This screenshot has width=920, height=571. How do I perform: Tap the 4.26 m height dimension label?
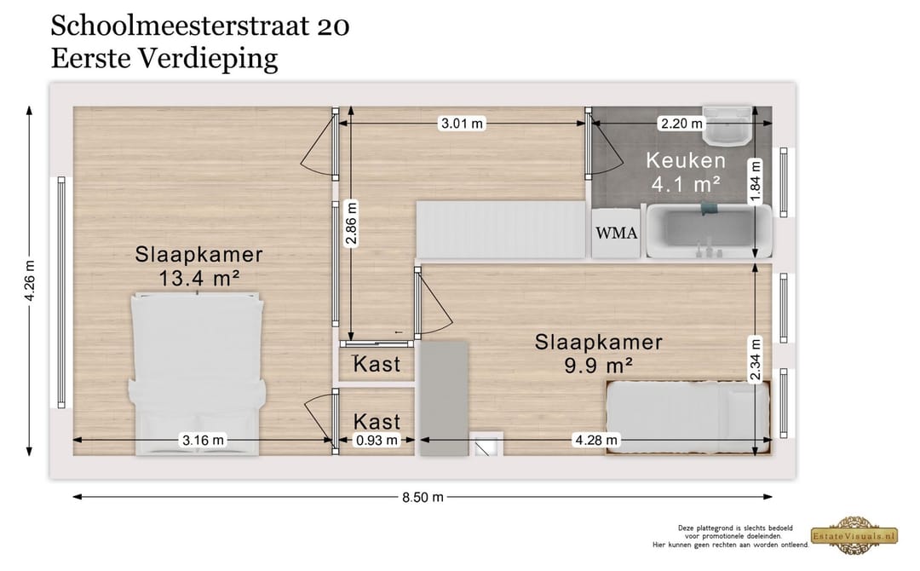tap(31, 282)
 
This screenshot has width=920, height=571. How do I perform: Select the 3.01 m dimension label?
tap(461, 124)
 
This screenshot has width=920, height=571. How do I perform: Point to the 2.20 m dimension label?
tap(682, 124)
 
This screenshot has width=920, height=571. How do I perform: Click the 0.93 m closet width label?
tap(377, 441)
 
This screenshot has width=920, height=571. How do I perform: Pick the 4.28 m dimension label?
tap(597, 441)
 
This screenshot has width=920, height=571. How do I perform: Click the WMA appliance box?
tap(616, 233)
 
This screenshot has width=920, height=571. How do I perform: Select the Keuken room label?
tap(686, 160)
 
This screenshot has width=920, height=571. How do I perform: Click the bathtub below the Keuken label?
tap(709, 232)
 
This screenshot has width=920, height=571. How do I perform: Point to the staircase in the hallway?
tap(501, 229)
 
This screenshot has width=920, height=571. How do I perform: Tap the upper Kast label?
tap(377, 365)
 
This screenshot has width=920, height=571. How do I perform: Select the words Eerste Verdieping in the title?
tap(164, 59)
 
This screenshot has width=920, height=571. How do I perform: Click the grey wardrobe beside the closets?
tap(444, 397)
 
